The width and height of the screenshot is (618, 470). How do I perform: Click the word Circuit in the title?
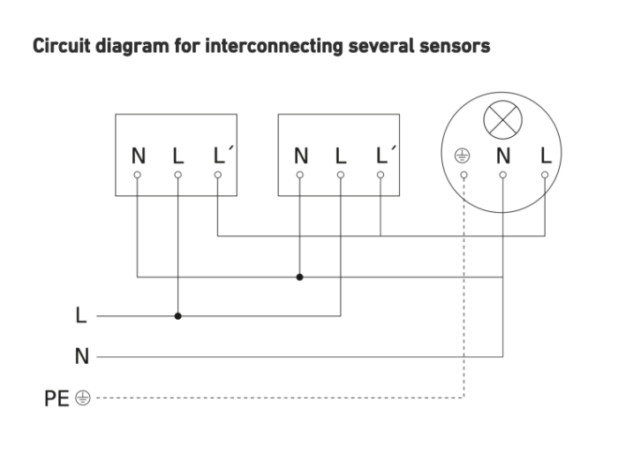[x=62, y=46]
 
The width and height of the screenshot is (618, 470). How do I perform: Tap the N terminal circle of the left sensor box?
[x=137, y=175]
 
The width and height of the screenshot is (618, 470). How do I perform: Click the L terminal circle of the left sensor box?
[x=177, y=175]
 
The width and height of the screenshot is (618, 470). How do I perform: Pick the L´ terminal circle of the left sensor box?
[x=217, y=175]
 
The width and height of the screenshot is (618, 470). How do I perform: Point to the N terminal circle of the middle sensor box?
[x=300, y=175]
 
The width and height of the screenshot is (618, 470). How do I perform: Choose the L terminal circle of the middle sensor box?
[x=341, y=175]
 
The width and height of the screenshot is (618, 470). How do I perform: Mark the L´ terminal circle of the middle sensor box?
[x=381, y=175]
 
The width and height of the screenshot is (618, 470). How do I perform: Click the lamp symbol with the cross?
[x=502, y=120]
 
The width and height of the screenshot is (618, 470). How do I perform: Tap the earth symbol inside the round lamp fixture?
[x=462, y=155]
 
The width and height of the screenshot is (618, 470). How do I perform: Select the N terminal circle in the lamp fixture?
[x=503, y=175]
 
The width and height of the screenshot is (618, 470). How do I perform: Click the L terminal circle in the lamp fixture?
[x=545, y=175]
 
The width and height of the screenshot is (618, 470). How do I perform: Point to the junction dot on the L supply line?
[x=177, y=315]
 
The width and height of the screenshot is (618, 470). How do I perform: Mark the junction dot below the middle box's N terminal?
[x=299, y=277]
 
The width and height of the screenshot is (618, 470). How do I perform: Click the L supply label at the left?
[x=81, y=315]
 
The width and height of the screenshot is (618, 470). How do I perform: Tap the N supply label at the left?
[x=81, y=356]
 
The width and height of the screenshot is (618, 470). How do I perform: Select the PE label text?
[x=57, y=398]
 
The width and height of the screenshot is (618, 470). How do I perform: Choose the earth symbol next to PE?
[x=83, y=398]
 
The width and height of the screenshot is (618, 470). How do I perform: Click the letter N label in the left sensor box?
[x=139, y=155]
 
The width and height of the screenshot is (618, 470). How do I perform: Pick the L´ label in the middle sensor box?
[x=384, y=155]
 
